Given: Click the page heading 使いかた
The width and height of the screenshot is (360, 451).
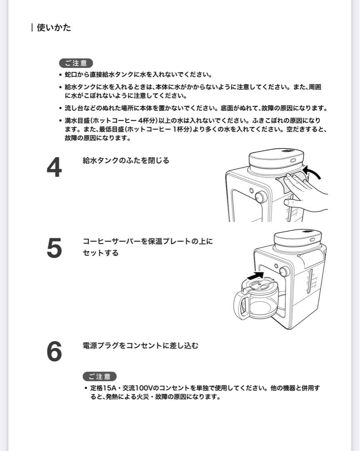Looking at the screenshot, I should coord(53,28).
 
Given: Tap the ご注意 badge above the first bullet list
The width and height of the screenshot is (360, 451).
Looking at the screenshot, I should coord(76,63).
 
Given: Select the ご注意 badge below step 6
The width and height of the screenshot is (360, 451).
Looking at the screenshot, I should coord(100,376).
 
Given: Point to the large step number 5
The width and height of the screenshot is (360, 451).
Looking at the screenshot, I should coord(54,248).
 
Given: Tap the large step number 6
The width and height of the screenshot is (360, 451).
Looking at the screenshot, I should coord(54,352).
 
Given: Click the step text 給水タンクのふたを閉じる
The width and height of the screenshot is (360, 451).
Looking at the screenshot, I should coord(126,161).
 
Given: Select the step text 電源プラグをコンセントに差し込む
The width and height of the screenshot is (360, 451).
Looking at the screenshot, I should coord(141,346).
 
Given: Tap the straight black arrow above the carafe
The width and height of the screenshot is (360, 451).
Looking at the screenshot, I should coord(256,276).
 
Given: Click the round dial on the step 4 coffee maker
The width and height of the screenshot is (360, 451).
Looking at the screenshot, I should coord(261,197).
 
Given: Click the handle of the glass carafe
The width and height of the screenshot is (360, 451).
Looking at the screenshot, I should coord(242,304).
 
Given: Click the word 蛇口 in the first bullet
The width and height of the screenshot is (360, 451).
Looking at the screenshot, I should coord(71,75).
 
